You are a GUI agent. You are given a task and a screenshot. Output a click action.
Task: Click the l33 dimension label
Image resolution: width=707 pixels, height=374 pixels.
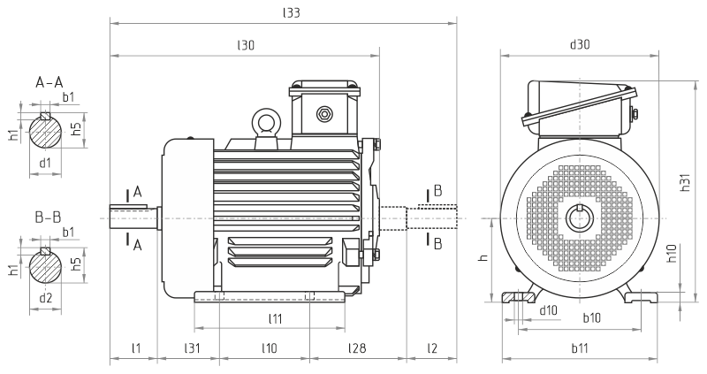[x=290, y=12]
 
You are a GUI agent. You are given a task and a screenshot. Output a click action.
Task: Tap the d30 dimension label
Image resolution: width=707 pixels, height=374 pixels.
[x=580, y=43]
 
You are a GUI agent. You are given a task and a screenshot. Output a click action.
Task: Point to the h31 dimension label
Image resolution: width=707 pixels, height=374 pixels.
[x=685, y=182]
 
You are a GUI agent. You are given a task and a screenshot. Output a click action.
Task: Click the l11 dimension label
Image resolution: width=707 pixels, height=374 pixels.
[x=275, y=317]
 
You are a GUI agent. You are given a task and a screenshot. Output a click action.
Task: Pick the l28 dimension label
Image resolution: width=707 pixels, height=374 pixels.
[x=357, y=348]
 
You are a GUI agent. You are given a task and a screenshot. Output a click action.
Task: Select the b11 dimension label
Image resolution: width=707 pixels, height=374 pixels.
[x=580, y=348]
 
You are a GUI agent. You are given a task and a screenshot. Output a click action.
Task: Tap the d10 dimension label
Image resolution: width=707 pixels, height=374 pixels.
[x=548, y=310]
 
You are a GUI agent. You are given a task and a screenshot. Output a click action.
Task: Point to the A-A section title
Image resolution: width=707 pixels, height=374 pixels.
[x=49, y=82]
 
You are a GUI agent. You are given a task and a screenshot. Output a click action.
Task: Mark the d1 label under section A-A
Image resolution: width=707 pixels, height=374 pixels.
[x=45, y=163]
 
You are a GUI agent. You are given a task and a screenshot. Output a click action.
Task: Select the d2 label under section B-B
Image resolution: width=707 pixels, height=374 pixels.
[x=45, y=297]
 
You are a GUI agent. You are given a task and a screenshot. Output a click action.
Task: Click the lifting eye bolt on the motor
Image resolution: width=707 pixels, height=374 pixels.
[x=263, y=120]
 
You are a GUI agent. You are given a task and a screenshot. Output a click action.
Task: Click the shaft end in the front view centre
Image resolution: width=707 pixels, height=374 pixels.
[x=580, y=218]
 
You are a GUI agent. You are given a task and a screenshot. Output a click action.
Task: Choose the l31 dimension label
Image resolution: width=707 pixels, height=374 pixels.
[x=190, y=348]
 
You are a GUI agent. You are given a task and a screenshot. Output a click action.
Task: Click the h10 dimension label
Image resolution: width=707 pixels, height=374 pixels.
[x=671, y=256]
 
